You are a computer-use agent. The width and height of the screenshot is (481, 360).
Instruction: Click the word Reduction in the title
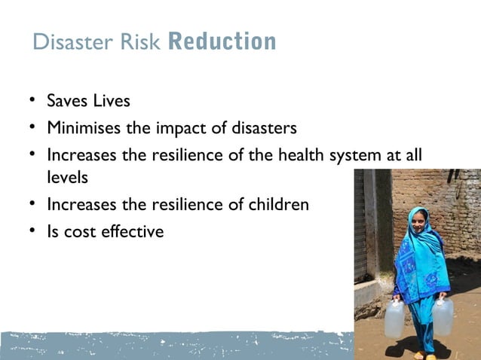(222, 41)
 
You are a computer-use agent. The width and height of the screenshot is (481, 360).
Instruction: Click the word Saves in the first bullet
(67, 101)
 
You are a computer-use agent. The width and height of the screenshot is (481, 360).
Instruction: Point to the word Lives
(111, 101)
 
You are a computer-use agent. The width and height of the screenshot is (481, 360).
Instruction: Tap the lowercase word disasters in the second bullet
(264, 127)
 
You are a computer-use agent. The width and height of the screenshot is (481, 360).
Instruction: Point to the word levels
(66, 178)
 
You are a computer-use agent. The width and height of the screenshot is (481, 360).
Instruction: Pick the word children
(279, 204)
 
